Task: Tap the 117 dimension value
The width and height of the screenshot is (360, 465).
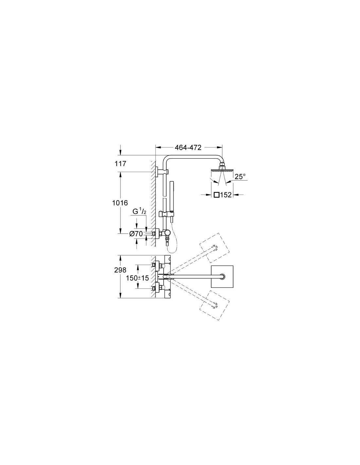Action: [120, 164]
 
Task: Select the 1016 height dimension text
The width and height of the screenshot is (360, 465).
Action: [120, 203]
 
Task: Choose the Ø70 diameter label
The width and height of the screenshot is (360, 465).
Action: [136, 234]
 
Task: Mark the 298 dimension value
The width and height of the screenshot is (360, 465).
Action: [120, 270]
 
